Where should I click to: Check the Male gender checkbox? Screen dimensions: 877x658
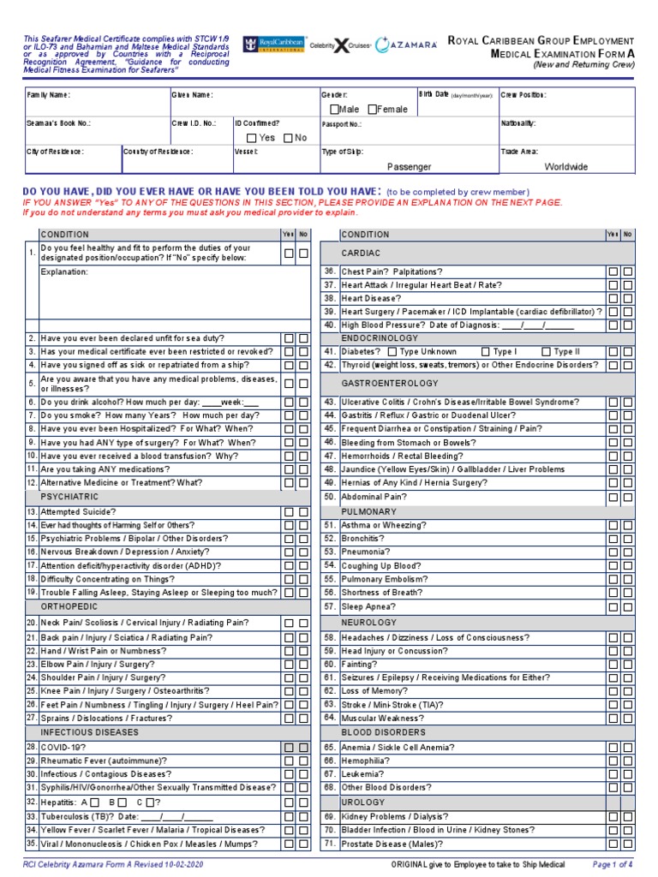click(334, 110)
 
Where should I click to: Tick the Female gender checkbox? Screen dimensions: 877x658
click(373, 110)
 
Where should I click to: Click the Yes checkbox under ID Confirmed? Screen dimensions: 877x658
click(251, 138)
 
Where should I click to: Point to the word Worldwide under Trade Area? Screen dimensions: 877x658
click(566, 167)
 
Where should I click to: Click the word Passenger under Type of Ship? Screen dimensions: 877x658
click(409, 167)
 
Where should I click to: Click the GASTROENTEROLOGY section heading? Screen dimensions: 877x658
click(390, 383)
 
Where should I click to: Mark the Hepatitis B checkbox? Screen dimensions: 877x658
click(122, 802)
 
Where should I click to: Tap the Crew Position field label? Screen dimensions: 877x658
click(523, 95)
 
